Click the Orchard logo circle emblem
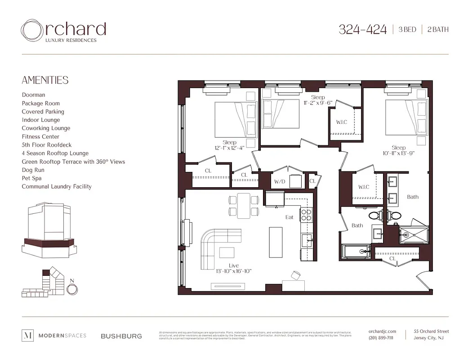32,30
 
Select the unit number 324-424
362,30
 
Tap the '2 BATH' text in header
437,30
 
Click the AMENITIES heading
45,80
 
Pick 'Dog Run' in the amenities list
33,170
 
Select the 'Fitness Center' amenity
40,136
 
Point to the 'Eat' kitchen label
289,217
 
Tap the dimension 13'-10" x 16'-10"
233,271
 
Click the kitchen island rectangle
276,242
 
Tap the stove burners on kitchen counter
306,214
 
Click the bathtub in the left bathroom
356,251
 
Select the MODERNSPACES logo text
62,336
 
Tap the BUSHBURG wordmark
121,336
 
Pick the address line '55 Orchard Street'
431,332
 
